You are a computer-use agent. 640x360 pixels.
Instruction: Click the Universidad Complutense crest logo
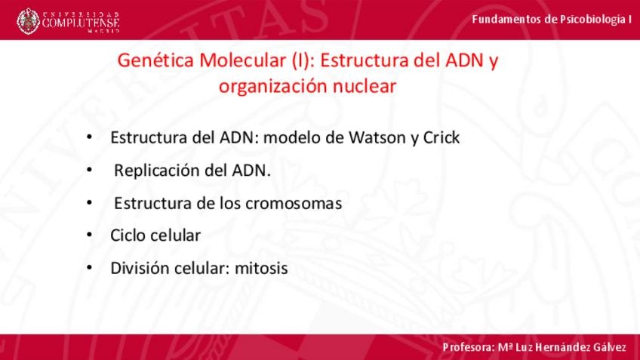28,21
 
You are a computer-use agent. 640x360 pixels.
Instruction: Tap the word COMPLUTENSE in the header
81,22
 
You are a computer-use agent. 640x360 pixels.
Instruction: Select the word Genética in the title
155,60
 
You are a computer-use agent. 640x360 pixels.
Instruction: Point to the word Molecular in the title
243,60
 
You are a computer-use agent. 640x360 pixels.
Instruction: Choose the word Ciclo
128,235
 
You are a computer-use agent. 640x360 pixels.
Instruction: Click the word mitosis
261,268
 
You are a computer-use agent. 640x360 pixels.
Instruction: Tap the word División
140,268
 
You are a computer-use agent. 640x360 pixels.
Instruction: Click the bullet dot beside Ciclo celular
89,235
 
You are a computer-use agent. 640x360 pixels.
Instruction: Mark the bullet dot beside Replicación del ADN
89,169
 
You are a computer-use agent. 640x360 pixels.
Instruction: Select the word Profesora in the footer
469,348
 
